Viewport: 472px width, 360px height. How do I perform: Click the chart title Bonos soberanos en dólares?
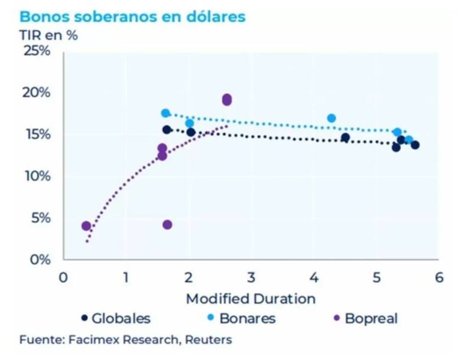coord(133,16)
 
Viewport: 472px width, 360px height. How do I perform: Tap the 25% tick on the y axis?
coord(37,51)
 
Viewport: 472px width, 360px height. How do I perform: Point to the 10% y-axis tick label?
coord(37,176)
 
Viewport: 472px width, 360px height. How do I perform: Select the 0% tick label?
coord(40,259)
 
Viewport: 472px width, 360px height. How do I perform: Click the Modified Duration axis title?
coord(251,298)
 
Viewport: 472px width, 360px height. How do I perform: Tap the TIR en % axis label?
coord(49,35)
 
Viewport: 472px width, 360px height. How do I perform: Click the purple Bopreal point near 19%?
coord(227,100)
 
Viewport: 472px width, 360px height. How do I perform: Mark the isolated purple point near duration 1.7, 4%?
coord(167,225)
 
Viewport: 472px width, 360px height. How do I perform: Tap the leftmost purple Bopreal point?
coord(86,226)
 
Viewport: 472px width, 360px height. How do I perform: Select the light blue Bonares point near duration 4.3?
coord(332,118)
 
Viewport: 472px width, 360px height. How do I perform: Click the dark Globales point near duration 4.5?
coord(345,138)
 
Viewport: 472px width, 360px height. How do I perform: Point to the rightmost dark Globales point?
coord(415,145)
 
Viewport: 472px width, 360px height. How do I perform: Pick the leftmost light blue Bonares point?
coord(166,113)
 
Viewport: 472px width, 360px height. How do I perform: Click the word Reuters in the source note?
coord(209,339)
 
